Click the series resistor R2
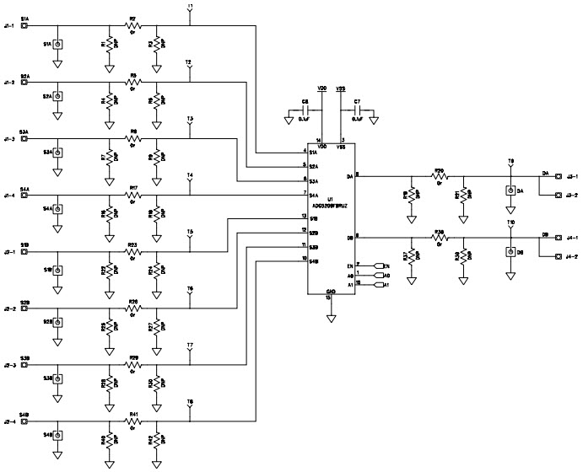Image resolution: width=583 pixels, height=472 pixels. pos(132,25)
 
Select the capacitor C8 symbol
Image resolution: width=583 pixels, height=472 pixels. pos(309,110)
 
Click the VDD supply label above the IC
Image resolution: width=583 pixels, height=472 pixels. pos(321,88)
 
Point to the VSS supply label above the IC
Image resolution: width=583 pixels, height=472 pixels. pos(342,88)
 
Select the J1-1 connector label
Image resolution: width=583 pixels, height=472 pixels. pos(9,25)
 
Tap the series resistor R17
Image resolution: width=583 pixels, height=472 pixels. pos(132,196)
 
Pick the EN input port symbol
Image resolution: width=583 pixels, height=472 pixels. pos(377,265)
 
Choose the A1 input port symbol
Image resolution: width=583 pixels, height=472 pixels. pos(377,285)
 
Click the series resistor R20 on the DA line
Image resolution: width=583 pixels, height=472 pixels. pos(439,176)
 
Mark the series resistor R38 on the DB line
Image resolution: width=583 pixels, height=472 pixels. pos(439,237)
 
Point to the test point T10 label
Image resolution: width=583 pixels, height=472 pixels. pos(510,223)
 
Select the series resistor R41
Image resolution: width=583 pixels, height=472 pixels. pos(132,420)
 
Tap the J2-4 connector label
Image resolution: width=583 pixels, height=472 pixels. pos(9,420)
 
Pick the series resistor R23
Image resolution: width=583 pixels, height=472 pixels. pos(132,251)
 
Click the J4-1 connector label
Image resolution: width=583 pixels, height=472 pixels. pos(571,237)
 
